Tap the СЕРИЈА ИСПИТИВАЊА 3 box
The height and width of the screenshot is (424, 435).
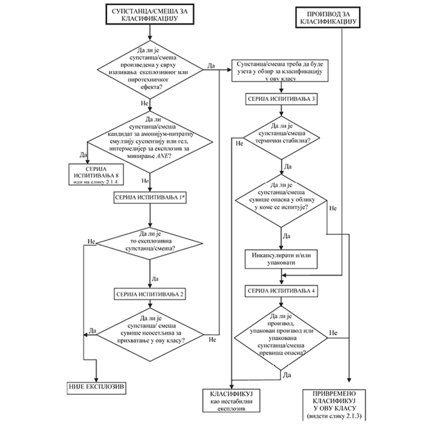[280, 99]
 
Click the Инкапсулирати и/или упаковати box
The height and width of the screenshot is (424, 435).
[280, 259]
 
